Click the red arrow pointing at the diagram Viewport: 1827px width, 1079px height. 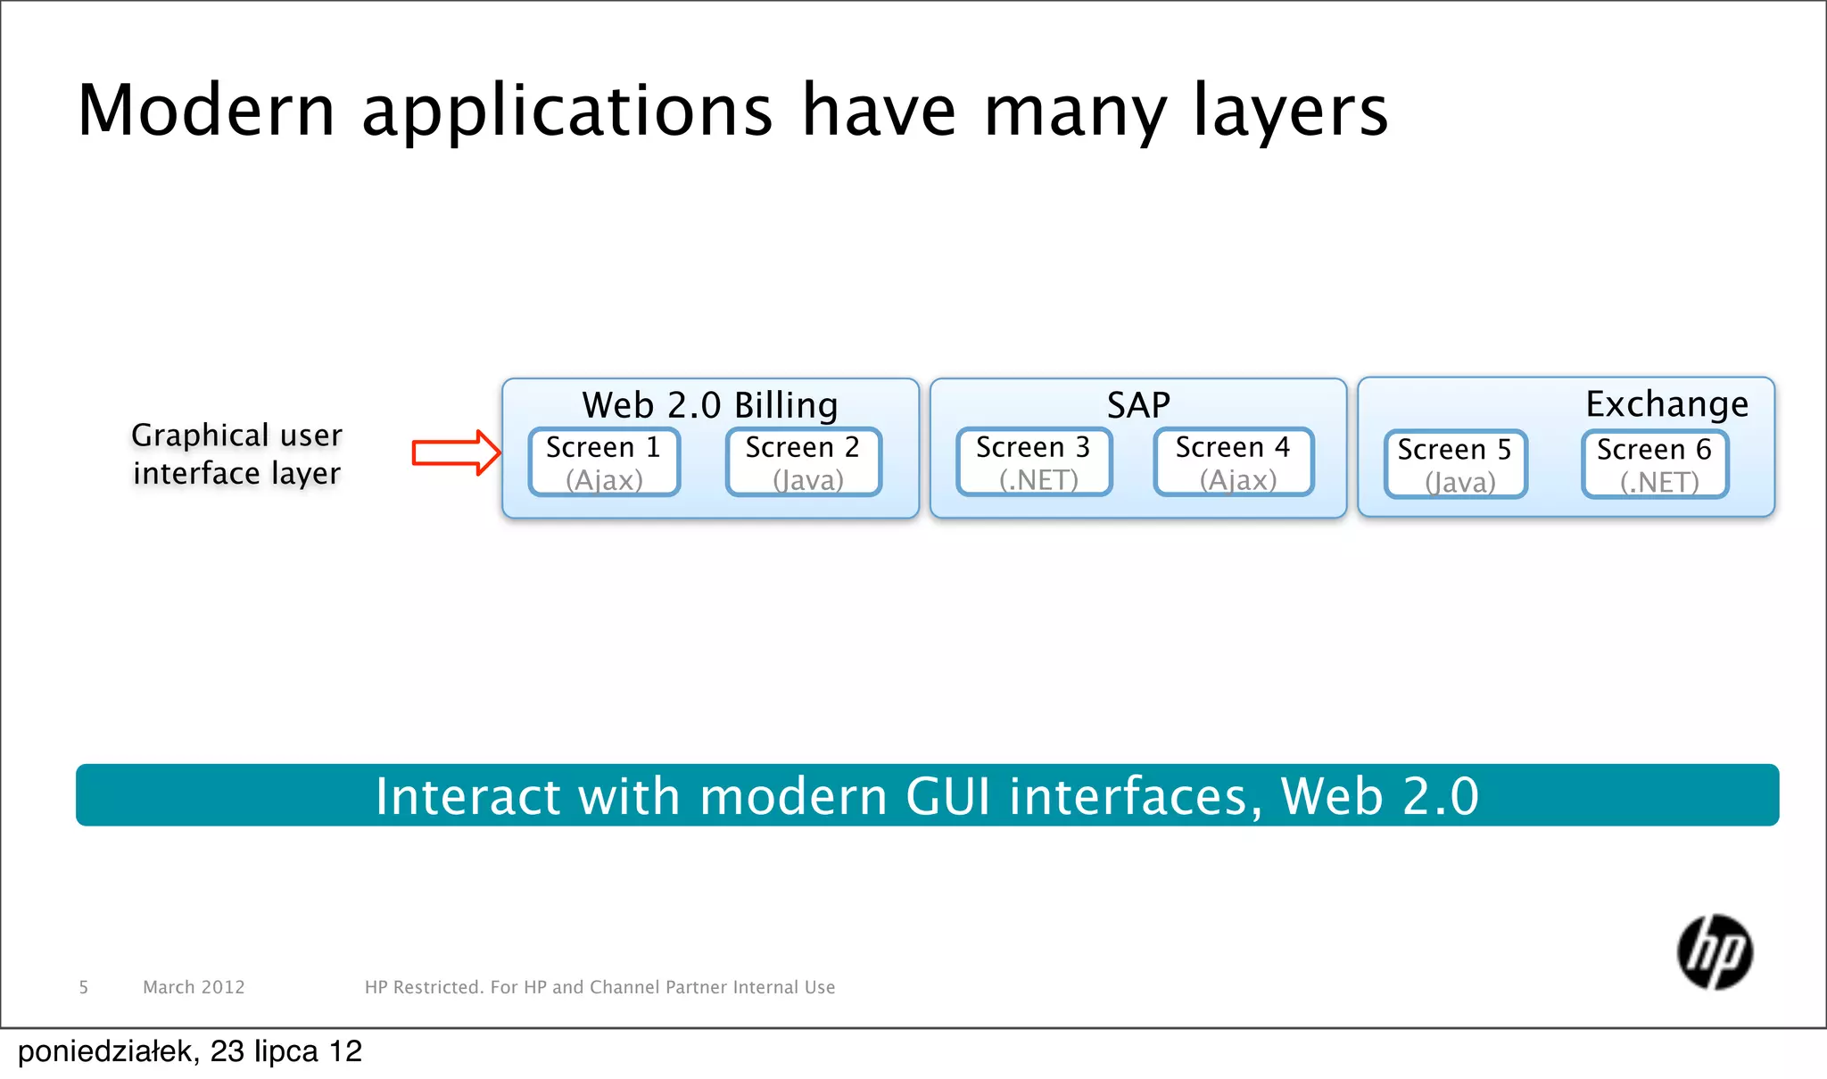point(455,452)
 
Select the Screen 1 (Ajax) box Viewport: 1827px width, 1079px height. point(604,462)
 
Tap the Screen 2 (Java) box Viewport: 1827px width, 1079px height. point(803,462)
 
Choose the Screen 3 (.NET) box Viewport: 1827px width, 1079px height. point(1034,462)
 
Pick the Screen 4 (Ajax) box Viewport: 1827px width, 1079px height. point(1233,462)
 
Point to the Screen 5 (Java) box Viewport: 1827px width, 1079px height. point(1455,465)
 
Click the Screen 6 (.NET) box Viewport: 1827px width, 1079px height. point(1655,465)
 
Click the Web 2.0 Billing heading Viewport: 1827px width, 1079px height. point(710,405)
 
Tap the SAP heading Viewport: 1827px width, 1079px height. point(1138,405)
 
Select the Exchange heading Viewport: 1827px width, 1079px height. point(1666,404)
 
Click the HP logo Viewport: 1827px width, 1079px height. point(1715,952)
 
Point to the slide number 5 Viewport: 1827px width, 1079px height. point(84,987)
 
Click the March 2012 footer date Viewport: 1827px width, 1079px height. point(194,987)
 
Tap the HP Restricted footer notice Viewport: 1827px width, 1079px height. point(599,987)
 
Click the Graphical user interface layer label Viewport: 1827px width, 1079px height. point(236,453)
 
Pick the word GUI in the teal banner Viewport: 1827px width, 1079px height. point(948,796)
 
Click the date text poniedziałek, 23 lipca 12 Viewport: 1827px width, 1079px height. point(190,1051)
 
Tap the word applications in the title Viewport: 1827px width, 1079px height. point(567,112)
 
